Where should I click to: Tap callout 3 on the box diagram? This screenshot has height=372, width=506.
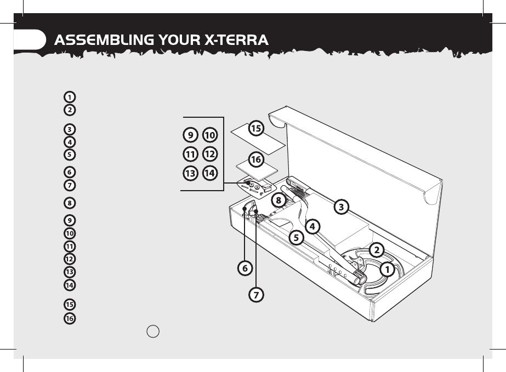click(x=341, y=207)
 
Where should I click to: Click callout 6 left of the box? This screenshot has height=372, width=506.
click(x=245, y=268)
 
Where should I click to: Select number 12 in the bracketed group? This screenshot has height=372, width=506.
click(x=209, y=154)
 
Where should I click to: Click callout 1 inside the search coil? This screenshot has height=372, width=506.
click(x=386, y=269)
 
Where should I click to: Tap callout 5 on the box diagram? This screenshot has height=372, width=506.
click(x=296, y=238)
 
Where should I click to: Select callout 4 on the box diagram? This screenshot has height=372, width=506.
click(x=312, y=225)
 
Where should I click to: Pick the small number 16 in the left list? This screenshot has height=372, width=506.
click(x=70, y=318)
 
